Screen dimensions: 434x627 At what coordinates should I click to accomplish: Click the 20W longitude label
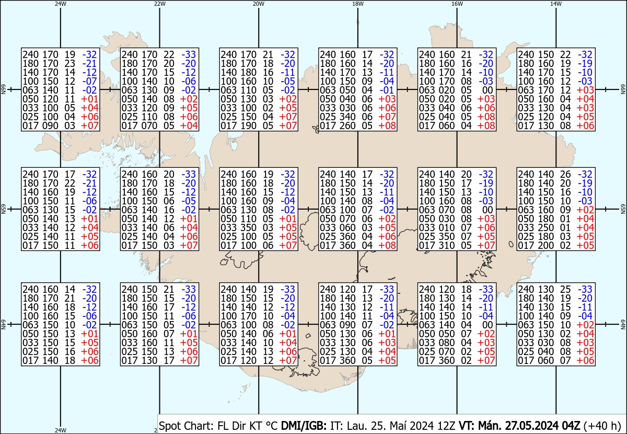[x=258, y=4]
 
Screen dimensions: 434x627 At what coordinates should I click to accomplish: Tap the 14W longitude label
[x=556, y=4]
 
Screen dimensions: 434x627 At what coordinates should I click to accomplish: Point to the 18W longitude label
[x=357, y=4]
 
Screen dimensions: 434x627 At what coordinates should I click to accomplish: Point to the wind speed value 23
[x=69, y=63]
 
